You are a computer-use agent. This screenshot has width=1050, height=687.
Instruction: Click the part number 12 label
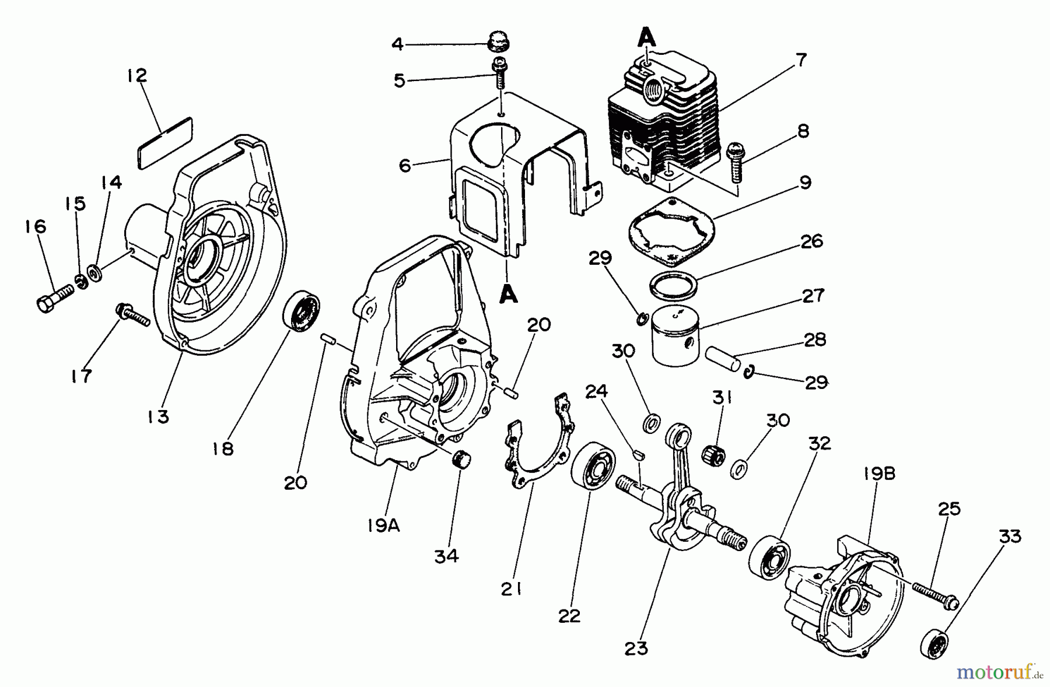137,76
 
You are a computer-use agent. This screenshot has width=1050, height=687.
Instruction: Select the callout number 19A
383,526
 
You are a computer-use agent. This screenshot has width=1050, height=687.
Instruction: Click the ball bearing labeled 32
769,553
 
